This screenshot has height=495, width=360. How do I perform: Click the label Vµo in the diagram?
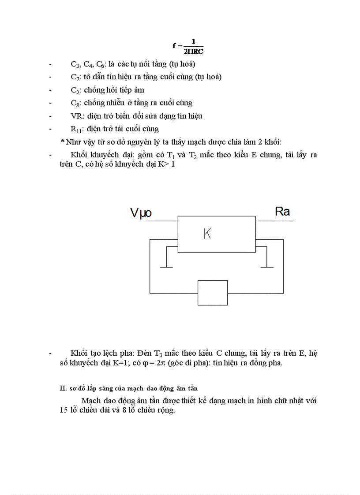[141, 213]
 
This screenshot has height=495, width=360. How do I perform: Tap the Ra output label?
[282, 212]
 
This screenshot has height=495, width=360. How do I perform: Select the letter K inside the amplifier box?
[207, 234]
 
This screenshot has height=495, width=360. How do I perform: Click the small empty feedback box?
[213, 293]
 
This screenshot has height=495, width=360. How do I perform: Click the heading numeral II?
[63, 388]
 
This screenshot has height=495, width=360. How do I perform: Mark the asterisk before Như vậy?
[63, 141]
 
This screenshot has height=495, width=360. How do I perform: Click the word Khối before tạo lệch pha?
[79, 353]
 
